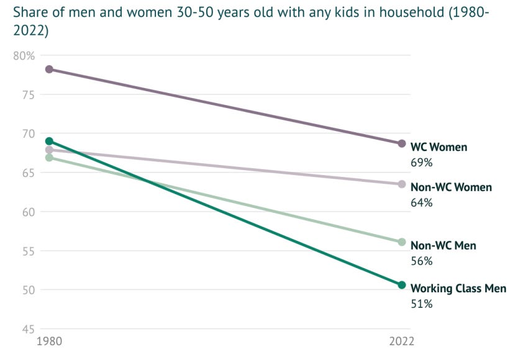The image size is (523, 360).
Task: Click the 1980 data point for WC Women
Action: tap(49, 69)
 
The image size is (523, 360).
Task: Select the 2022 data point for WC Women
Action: tap(402, 143)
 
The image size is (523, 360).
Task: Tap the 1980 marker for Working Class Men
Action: tap(49, 141)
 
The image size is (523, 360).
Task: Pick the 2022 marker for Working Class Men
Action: tap(402, 285)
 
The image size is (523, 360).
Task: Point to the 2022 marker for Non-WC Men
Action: tap(402, 242)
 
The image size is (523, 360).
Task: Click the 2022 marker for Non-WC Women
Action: tap(402, 184)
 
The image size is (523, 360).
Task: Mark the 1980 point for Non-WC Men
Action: tap(49, 158)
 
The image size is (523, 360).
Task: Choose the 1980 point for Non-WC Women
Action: tap(49, 150)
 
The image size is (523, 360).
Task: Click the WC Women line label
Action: tap(439, 148)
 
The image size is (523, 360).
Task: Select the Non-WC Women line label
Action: tap(451, 187)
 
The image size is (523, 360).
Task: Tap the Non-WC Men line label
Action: tap(443, 246)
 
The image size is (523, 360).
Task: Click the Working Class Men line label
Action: tap(458, 289)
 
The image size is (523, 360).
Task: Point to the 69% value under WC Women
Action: tap(421, 163)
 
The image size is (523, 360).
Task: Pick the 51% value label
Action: tap(421, 304)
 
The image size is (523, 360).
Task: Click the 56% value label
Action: tap(421, 261)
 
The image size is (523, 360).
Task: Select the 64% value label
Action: tap(421, 203)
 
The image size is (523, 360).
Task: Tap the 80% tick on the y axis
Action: tap(24, 56)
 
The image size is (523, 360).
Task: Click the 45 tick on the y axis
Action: tap(28, 329)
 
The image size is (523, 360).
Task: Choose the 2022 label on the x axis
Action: tap(401, 341)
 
